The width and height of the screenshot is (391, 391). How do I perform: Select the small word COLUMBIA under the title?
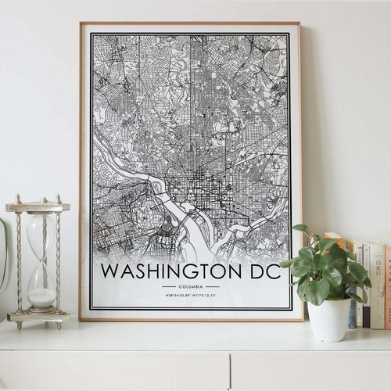[x=191, y=287]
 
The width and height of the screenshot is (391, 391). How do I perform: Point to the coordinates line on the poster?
[x=191, y=296]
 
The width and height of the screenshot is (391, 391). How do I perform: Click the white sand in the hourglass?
[x=41, y=297]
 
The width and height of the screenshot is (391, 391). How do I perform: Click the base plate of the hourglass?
[x=39, y=317]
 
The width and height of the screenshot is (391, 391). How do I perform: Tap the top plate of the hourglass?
[x=38, y=206]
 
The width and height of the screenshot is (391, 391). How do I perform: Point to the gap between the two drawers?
[x=230, y=371]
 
